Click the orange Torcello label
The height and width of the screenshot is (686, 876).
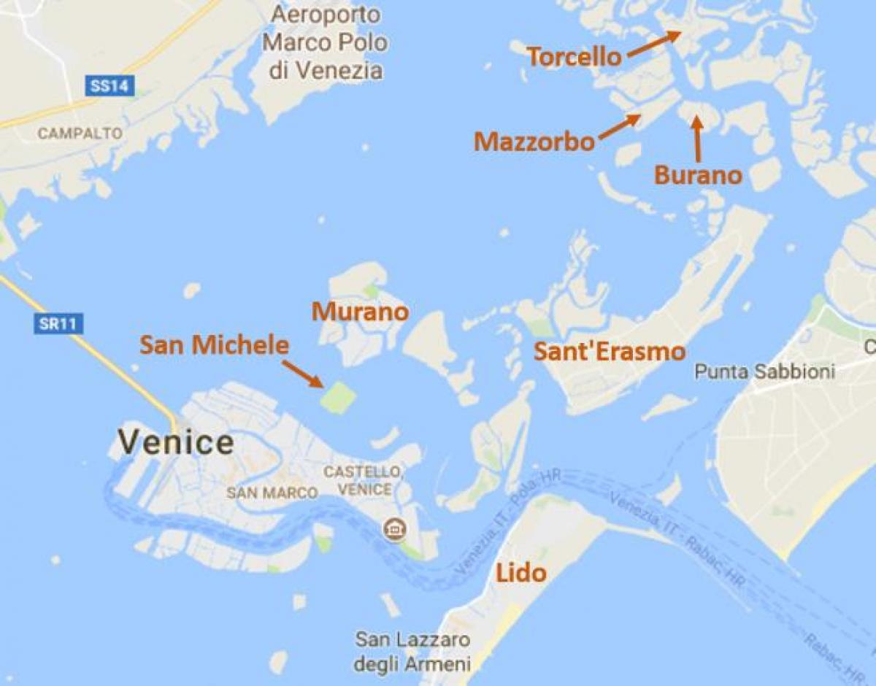(x=574, y=57)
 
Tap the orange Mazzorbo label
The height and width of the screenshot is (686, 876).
(x=534, y=142)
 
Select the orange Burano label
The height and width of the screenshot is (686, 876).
(x=698, y=175)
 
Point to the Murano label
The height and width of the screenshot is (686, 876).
(x=360, y=312)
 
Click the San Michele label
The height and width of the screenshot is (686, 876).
(x=215, y=345)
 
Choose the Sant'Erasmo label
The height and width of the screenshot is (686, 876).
(x=610, y=352)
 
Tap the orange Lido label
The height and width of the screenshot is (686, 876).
(x=520, y=573)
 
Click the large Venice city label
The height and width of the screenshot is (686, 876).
(x=176, y=442)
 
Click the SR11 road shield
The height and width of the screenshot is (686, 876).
(x=58, y=323)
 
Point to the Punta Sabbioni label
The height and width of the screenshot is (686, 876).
(x=764, y=371)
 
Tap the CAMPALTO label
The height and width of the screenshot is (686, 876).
(x=69, y=134)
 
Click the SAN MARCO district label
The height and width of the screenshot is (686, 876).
(x=272, y=493)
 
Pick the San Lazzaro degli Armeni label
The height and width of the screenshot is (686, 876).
(x=412, y=652)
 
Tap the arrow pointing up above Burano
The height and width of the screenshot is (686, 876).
(x=697, y=139)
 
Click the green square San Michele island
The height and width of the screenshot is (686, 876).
(x=339, y=397)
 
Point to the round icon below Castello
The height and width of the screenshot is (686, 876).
(x=395, y=528)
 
